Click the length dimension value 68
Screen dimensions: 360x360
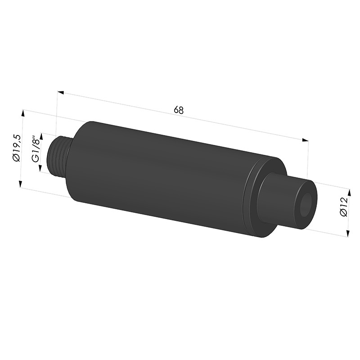point(179,110)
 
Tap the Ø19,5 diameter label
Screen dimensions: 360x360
point(17,148)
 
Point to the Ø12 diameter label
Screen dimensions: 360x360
point(344,207)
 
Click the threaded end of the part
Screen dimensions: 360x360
point(58,156)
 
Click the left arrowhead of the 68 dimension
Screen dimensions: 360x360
point(60,92)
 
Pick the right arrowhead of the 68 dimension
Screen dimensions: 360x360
point(305,140)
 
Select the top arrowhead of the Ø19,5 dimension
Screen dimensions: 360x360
point(23,113)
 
